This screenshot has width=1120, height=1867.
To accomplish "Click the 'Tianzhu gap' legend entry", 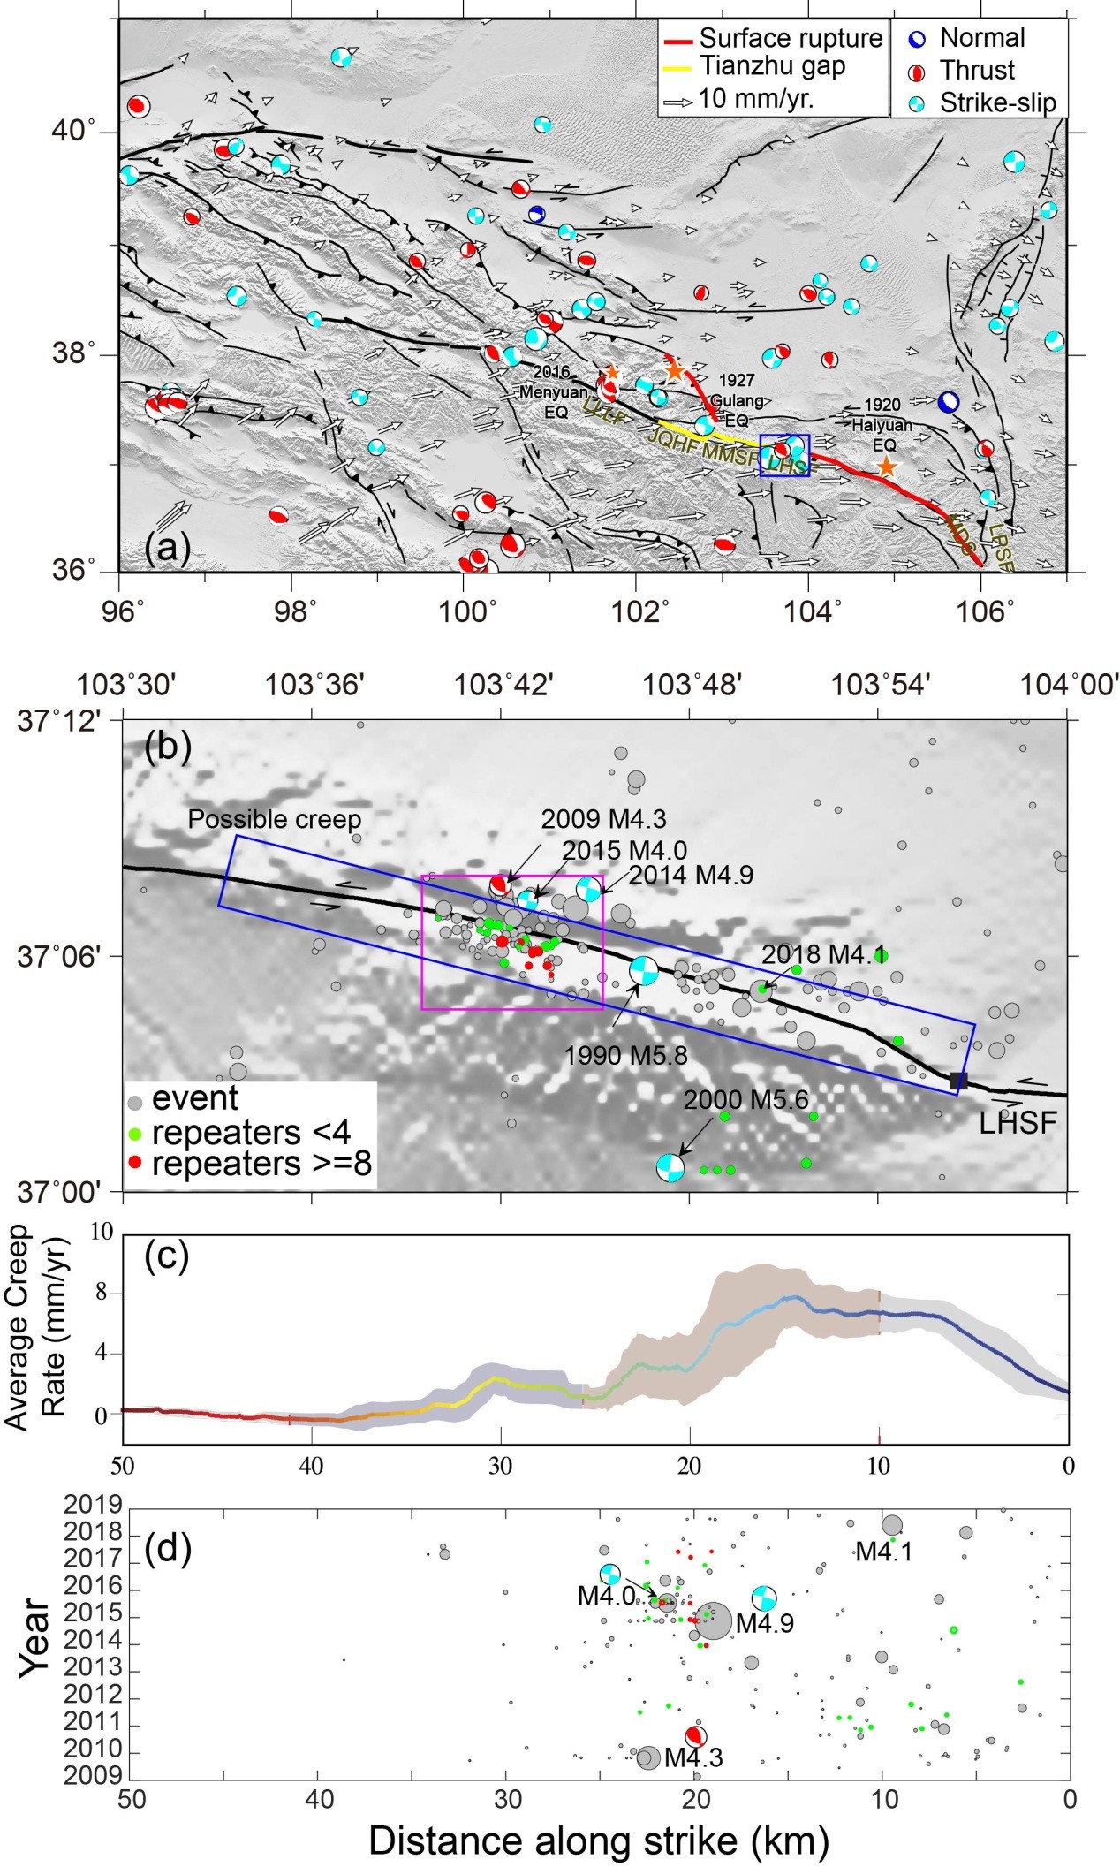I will click(771, 66).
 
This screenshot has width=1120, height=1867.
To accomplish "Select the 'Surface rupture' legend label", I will click(790, 38).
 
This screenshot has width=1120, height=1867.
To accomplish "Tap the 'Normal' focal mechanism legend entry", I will click(981, 38).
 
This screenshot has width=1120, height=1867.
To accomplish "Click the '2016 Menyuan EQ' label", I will click(556, 382).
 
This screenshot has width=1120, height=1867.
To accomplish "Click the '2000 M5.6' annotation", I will click(745, 1100).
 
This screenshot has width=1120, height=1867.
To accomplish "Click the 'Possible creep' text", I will click(275, 819).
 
